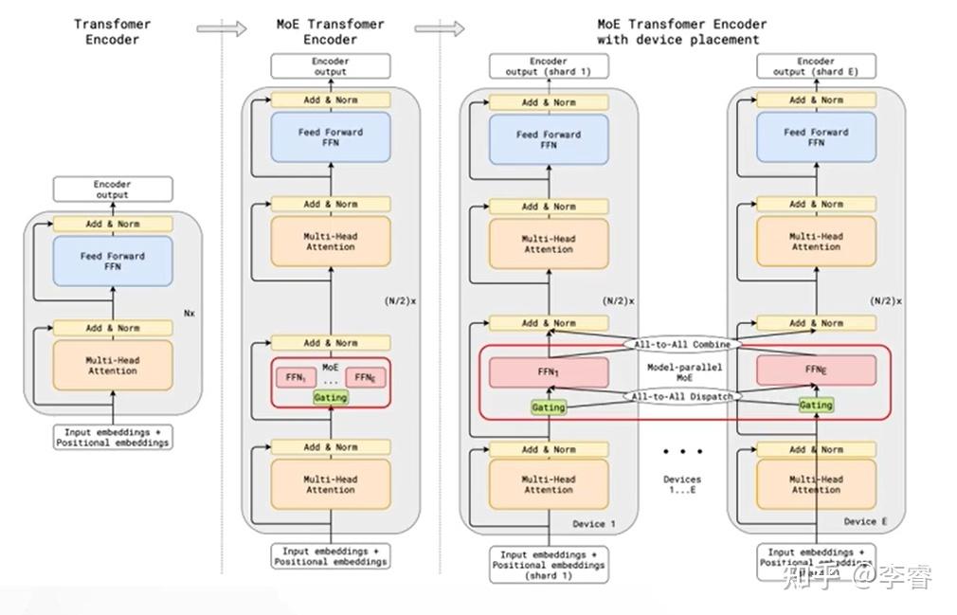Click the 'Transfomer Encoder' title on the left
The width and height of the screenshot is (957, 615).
[113, 31]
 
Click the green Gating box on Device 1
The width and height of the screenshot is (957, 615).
[549, 407]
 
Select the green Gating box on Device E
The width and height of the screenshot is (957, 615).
[816, 405]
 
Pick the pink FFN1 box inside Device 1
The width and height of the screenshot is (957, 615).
[549, 372]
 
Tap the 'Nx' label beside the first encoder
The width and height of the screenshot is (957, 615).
[189, 311]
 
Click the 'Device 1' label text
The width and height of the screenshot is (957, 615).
[594, 524]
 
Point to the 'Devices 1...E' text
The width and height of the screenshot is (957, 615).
[682, 485]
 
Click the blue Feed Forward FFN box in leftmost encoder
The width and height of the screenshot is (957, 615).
[113, 261]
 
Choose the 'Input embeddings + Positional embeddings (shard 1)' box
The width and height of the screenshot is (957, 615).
[549, 564]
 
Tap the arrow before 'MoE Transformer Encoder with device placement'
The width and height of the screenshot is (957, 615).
[453, 29]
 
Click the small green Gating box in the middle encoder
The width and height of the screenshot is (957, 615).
[330, 398]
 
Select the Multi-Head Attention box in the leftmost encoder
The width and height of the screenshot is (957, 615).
[113, 366]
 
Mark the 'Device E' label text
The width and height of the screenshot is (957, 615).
[866, 521]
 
